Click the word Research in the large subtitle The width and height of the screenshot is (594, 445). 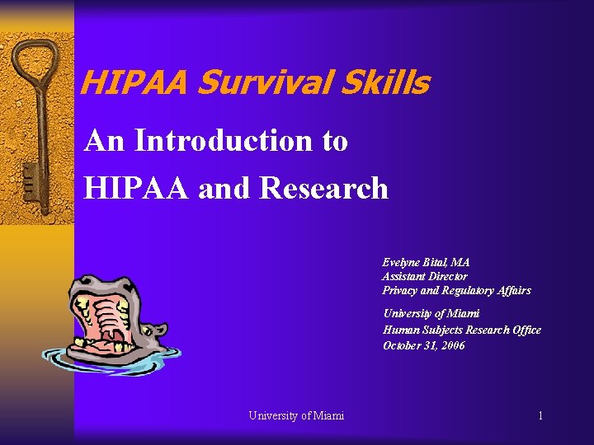tap(323, 188)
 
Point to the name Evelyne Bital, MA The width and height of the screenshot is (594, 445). tap(426, 262)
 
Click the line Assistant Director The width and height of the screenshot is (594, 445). tap(424, 276)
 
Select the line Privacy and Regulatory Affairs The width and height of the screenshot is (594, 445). tap(456, 290)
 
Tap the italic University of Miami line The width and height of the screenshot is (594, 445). tap(431, 314)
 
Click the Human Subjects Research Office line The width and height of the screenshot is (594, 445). tap(462, 330)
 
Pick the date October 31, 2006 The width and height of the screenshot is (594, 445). tap(424, 345)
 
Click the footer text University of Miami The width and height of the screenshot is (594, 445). tap(296, 415)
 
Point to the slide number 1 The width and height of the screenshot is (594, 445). tap(540, 415)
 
